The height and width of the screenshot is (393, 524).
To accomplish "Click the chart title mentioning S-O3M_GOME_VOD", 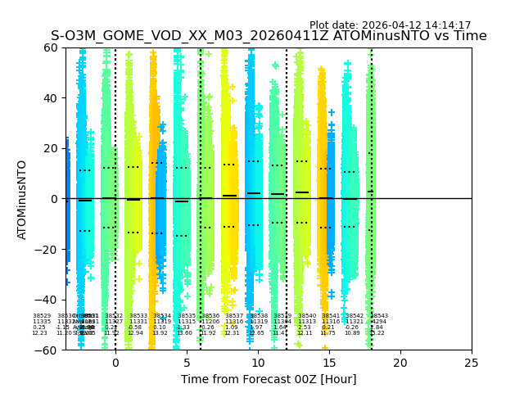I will (x=269, y=36).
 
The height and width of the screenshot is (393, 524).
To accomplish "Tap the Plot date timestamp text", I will (x=390, y=25).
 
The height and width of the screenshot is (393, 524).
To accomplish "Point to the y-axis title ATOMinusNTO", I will (x=23, y=199).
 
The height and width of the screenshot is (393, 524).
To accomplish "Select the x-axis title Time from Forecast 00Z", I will (x=269, y=379).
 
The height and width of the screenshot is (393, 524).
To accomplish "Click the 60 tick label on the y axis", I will (x=52, y=47).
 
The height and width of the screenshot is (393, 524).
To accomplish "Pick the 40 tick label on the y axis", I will (x=52, y=98).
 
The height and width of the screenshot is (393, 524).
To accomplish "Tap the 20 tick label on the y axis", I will (x=52, y=148).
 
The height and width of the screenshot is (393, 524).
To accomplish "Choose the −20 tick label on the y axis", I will (x=48, y=250).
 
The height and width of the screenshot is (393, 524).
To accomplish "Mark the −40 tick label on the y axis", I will (x=48, y=300).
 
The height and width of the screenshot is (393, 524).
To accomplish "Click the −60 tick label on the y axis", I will (x=48, y=350).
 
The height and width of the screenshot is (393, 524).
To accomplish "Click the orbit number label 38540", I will (x=307, y=316).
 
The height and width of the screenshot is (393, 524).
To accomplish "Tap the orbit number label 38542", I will (x=355, y=316).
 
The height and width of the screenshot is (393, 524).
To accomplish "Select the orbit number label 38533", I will (x=138, y=316).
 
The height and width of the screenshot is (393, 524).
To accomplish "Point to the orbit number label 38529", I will (x=42, y=316).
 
